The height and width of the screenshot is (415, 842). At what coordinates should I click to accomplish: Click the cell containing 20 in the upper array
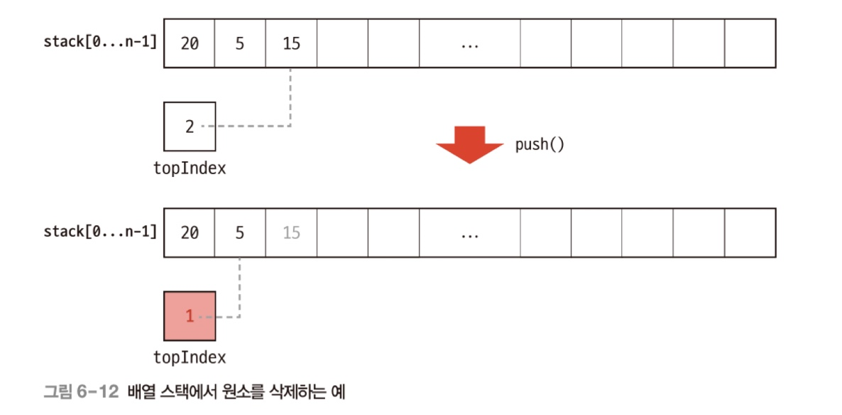(x=190, y=43)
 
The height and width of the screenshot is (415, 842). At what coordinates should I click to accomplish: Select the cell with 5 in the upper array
(x=240, y=43)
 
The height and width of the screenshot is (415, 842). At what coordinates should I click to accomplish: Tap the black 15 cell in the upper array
(x=291, y=43)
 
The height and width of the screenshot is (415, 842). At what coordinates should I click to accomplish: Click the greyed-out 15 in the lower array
(x=291, y=232)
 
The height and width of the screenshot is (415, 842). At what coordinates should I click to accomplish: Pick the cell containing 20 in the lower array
(x=190, y=232)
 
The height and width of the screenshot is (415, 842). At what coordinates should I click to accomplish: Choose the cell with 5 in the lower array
(x=240, y=232)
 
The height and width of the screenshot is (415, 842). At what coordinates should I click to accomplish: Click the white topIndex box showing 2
(x=189, y=127)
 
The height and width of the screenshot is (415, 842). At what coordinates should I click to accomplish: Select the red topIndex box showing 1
(x=189, y=316)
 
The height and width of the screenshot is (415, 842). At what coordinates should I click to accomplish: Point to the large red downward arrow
(x=470, y=144)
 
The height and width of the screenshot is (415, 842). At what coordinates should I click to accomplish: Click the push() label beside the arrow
(x=540, y=145)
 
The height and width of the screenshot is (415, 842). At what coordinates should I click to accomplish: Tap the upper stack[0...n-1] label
(x=99, y=42)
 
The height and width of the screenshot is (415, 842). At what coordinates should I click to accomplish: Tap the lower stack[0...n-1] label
(x=99, y=231)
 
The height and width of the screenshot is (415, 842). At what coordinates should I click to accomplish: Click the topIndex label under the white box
(x=189, y=168)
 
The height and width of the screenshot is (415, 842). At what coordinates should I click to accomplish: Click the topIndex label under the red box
(x=189, y=357)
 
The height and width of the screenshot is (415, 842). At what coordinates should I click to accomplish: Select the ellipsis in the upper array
(x=469, y=44)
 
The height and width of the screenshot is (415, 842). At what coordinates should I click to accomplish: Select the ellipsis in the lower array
(x=469, y=233)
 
